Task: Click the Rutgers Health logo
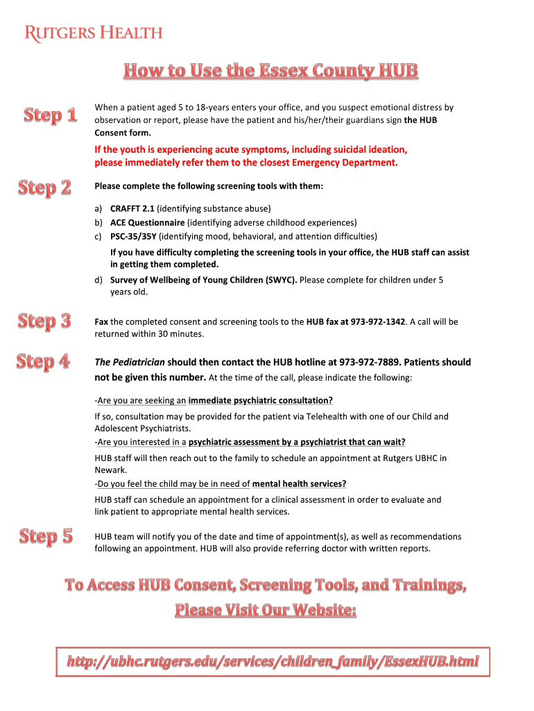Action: (94, 33)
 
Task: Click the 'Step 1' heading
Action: (50, 115)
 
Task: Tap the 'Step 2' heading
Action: (44, 187)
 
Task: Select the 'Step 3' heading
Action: (44, 321)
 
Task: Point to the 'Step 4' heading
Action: (43, 361)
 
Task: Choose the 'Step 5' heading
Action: (46, 536)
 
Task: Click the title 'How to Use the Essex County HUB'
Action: (271, 71)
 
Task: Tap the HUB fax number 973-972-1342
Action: (378, 322)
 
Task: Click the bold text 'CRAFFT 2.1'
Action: (132, 208)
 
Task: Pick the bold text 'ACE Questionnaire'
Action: (147, 223)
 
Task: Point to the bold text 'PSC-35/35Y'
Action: (133, 237)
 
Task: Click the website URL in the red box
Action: (273, 662)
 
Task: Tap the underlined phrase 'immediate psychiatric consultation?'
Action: (261, 401)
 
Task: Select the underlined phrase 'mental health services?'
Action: (300, 484)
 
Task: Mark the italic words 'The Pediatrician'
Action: (130, 362)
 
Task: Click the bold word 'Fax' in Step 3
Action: (101, 322)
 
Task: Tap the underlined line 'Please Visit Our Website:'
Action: (266, 610)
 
